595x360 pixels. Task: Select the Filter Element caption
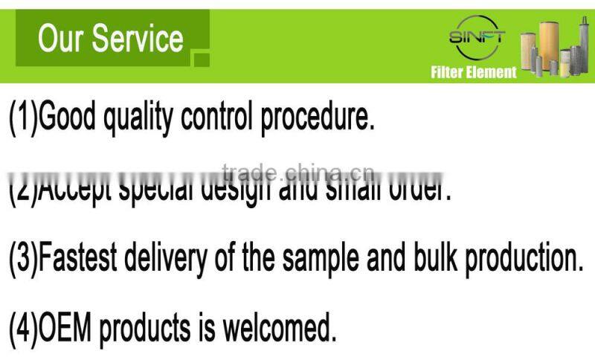473,72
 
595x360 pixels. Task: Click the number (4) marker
22,327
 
